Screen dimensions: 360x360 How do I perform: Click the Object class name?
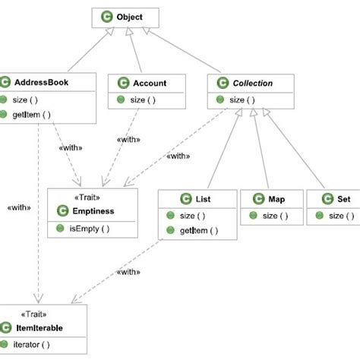click(x=129, y=16)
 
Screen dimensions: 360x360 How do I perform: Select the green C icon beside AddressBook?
click(x=7, y=83)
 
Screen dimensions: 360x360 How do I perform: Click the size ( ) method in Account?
click(x=142, y=99)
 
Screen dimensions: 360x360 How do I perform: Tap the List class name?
click(x=203, y=199)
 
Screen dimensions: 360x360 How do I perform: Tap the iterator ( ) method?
click(x=33, y=345)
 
